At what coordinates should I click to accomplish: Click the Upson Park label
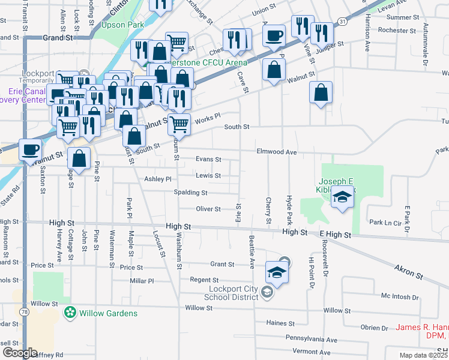[122, 25]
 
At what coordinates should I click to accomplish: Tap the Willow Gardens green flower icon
[70, 313]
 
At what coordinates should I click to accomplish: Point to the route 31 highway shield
[342, 21]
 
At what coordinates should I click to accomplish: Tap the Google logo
[19, 353]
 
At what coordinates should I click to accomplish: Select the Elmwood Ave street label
[277, 152]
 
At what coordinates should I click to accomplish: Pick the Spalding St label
[190, 193]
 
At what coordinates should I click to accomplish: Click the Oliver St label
[209, 209]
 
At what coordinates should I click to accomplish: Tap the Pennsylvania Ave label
[312, 338]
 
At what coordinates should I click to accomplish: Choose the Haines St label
[280, 323]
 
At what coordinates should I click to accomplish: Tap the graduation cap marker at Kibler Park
[342, 197]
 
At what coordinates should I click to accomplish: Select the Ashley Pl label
[158, 179]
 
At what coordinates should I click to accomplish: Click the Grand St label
[58, 37]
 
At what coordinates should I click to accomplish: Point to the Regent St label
[204, 280]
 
